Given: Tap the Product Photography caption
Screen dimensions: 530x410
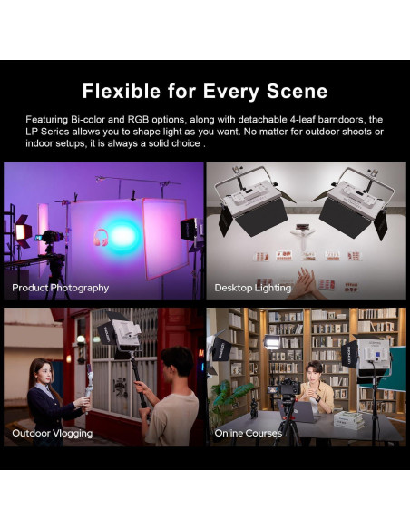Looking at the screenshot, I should [x=60, y=288].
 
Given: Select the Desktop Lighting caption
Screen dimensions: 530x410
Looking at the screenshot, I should [x=252, y=288].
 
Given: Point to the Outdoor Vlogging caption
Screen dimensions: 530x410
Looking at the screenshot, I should [x=52, y=433].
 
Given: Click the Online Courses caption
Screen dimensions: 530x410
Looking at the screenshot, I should [x=248, y=433].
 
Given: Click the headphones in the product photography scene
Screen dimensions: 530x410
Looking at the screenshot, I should [x=100, y=237].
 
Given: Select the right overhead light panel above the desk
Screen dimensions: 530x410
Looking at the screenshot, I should [x=355, y=201].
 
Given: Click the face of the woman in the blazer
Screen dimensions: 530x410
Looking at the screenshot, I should [x=42, y=371].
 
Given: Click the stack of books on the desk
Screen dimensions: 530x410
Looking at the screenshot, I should [x=347, y=419].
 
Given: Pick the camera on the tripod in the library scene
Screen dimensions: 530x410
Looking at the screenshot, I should [x=288, y=390].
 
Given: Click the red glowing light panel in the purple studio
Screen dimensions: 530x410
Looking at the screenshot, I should [x=20, y=232].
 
